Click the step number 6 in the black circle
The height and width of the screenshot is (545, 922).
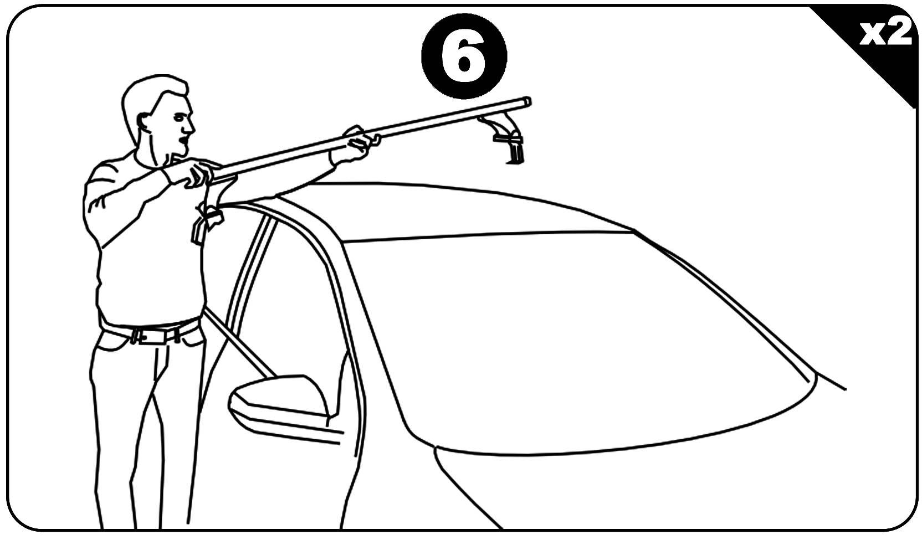464,57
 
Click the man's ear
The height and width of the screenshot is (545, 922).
144,125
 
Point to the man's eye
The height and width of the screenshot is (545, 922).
180,117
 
